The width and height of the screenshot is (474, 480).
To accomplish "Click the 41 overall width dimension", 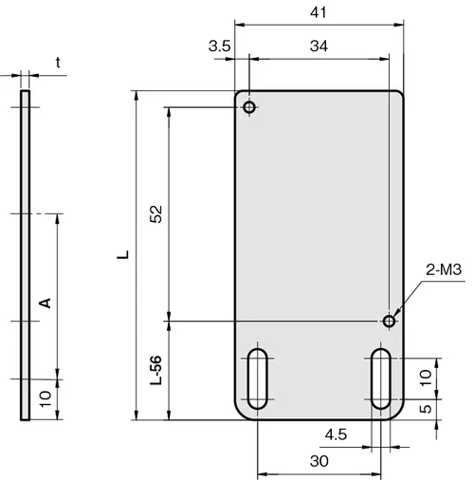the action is click(x=318, y=12).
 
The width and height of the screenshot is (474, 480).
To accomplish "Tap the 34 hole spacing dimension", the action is click(x=319, y=46).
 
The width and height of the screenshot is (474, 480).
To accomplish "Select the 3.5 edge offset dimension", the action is click(x=220, y=46).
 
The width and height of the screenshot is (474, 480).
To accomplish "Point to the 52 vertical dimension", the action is click(x=155, y=214).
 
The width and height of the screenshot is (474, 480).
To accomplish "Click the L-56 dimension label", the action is click(x=155, y=370).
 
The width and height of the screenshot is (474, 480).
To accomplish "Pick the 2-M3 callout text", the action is click(x=444, y=269).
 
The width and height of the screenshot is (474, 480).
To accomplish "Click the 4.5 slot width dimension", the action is click(x=336, y=434).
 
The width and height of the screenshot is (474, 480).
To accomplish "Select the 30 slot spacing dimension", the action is click(x=319, y=461).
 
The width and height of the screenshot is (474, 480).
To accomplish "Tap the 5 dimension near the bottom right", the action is click(x=426, y=409).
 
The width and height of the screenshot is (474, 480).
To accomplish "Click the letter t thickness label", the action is click(x=58, y=63).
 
